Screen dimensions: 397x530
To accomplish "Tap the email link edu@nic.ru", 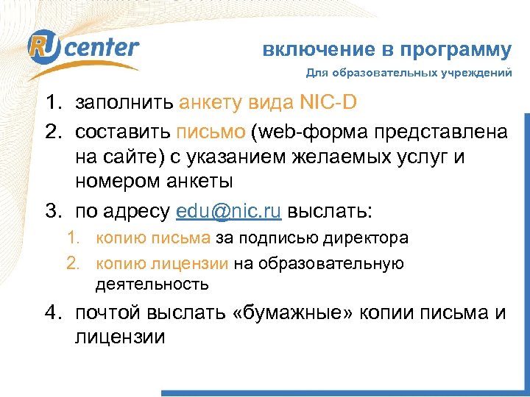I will tap(230, 212).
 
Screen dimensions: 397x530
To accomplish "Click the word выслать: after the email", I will tap(330, 212).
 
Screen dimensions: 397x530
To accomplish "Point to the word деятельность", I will tap(152, 284).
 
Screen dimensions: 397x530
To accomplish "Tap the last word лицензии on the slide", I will tap(120, 337).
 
